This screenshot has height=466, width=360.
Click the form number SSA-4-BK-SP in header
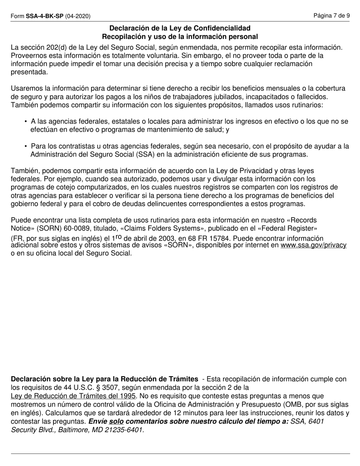point(45,16)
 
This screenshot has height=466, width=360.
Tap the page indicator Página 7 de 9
point(332,16)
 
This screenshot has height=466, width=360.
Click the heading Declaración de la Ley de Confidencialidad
point(180,28)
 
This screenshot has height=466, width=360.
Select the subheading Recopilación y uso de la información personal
point(180,37)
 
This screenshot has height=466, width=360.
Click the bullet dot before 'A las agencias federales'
point(26,122)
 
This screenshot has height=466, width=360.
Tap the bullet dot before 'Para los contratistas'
point(26,146)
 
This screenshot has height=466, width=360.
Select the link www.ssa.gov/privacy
point(313,245)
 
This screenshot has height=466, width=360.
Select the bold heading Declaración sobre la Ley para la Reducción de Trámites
point(104,379)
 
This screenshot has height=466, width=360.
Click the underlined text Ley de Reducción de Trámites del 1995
point(73,396)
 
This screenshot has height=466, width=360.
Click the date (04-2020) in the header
point(78,16)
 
